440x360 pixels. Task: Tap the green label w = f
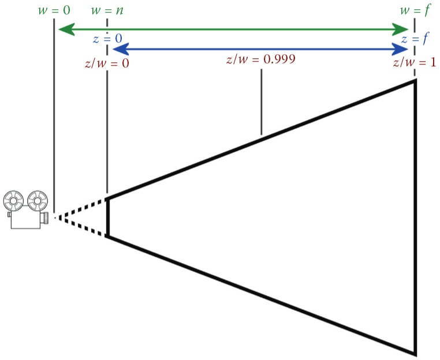(413, 10)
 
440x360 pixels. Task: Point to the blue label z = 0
(107, 38)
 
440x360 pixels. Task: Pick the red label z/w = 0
(107, 62)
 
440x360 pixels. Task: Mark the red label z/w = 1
(413, 62)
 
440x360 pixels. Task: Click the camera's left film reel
(13, 201)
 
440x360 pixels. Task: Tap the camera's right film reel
(37, 201)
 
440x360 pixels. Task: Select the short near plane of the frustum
(107, 217)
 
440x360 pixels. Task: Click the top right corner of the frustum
(415, 81)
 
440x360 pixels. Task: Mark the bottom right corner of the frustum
(415, 353)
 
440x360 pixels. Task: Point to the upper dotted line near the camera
(81, 208)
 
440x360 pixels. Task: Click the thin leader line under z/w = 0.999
(262, 101)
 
